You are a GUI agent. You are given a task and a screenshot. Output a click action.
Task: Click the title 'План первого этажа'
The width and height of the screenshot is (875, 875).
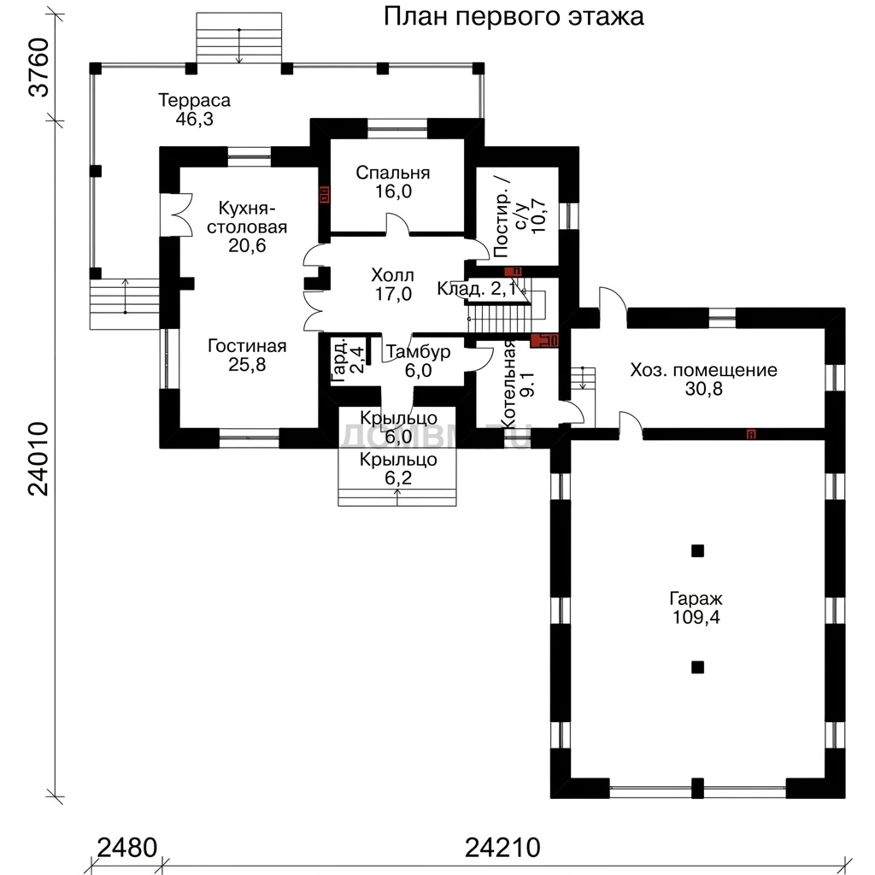point(514,17)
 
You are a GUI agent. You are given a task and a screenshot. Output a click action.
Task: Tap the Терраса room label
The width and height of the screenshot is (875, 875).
point(194,101)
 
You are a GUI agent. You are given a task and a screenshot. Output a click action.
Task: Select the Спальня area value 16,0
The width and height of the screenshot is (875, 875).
point(393,191)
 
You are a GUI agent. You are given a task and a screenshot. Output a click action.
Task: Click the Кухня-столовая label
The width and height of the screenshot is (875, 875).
point(247,218)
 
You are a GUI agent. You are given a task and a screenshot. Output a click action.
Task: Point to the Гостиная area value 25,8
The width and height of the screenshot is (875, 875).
point(247,364)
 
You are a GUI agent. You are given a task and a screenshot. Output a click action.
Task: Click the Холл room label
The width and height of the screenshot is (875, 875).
point(393,275)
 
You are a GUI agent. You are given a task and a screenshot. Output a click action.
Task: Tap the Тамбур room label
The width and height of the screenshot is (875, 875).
point(418,352)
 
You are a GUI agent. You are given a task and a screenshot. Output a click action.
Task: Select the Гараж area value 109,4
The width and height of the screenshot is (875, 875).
point(696,617)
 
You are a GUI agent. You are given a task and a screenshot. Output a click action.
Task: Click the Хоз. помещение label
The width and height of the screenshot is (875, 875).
point(704,370)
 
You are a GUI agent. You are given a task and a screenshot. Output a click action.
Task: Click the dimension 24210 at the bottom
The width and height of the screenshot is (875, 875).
point(502,848)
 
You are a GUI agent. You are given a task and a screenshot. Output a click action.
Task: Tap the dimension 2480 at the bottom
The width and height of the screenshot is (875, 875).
point(127,848)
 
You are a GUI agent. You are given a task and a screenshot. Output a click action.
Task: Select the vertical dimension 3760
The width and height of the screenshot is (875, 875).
point(39,68)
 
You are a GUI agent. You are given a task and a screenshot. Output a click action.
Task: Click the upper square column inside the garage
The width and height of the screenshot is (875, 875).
point(697,551)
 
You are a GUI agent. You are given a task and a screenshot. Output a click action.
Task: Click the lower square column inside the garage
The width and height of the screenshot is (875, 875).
point(697,667)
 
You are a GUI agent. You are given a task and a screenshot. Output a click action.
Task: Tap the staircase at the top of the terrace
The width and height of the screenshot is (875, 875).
point(239,38)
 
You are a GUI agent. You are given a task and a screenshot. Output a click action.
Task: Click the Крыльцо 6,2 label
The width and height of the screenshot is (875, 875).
point(398,469)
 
